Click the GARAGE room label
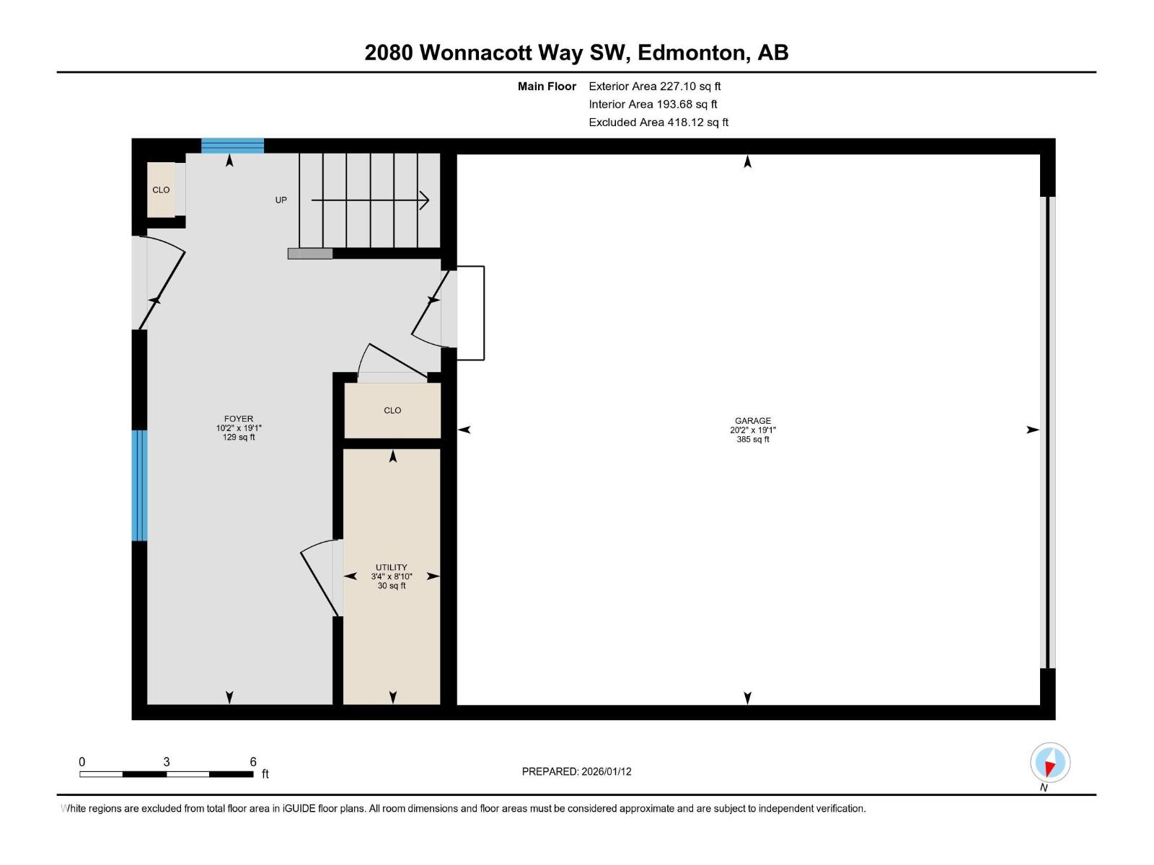tap(752, 421)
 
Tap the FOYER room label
tap(239, 419)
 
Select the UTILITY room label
tap(391, 567)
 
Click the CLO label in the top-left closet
tap(161, 190)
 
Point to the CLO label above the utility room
tap(392, 410)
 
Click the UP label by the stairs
tap(281, 200)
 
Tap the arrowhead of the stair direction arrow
tap(425, 200)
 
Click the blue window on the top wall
tap(232, 146)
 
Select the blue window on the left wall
tap(139, 485)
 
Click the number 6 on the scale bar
tap(253, 762)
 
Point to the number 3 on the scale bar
tap(167, 762)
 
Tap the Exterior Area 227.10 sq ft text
tap(654, 86)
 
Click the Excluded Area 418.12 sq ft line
tap(658, 123)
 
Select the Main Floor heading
tap(547, 86)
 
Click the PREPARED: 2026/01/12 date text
tap(576, 771)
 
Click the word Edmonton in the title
tap(691, 53)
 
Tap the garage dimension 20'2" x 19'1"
tap(752, 430)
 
